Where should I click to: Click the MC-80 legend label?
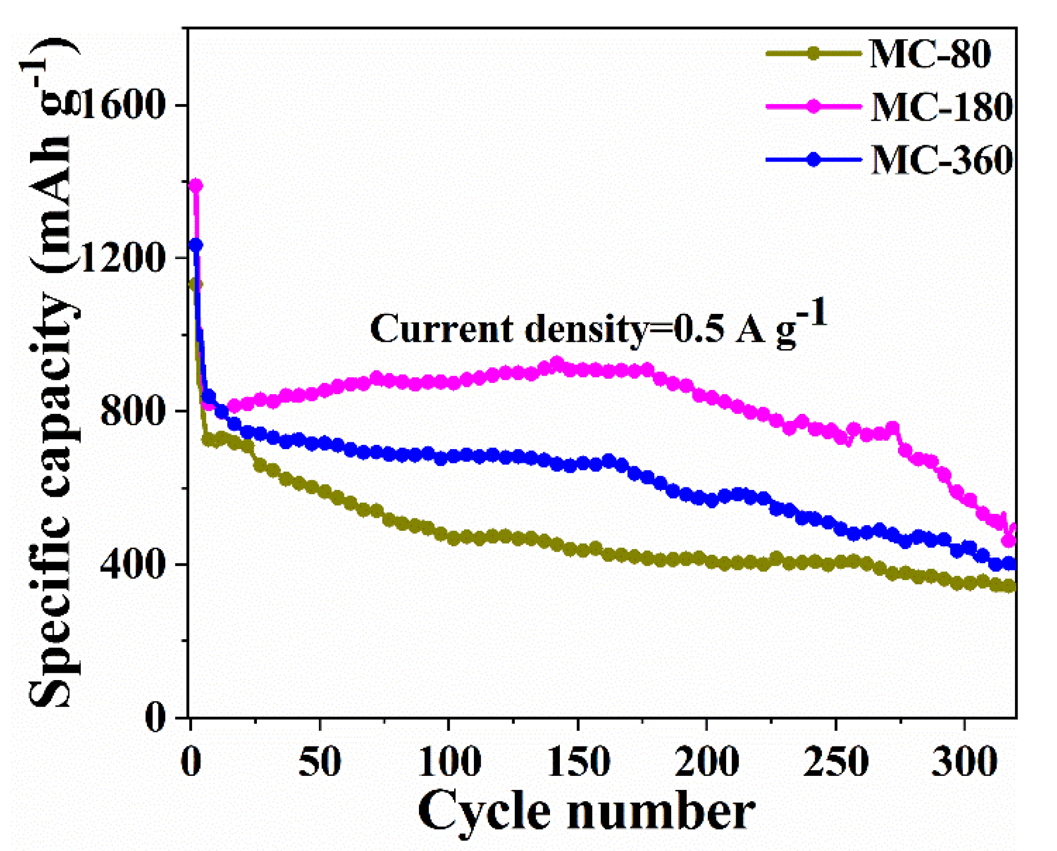click(930, 54)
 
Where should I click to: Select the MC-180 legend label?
click(941, 107)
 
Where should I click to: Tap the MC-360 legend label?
click(941, 160)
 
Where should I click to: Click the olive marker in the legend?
click(814, 53)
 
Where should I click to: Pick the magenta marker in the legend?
click(814, 106)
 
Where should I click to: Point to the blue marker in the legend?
click(814, 160)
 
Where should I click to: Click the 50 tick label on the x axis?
click(320, 762)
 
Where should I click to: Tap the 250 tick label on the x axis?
click(835, 762)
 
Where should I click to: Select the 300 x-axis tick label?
click(964, 762)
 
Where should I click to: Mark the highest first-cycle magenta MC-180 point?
click(196, 185)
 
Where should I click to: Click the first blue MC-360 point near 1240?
click(196, 245)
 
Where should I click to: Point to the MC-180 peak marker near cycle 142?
click(557, 363)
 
